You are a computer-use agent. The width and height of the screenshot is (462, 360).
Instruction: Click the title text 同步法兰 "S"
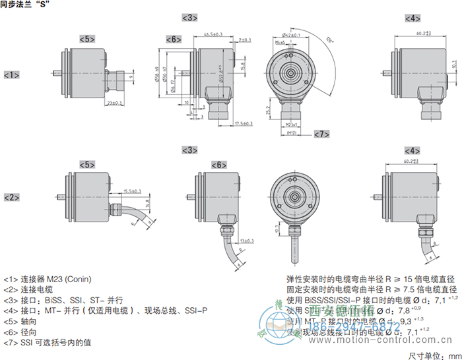click(x=27, y=5)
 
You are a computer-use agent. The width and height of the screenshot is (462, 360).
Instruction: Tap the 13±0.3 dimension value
click(x=248, y=241)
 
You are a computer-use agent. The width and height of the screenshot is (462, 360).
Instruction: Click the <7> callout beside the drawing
click(x=321, y=135)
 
